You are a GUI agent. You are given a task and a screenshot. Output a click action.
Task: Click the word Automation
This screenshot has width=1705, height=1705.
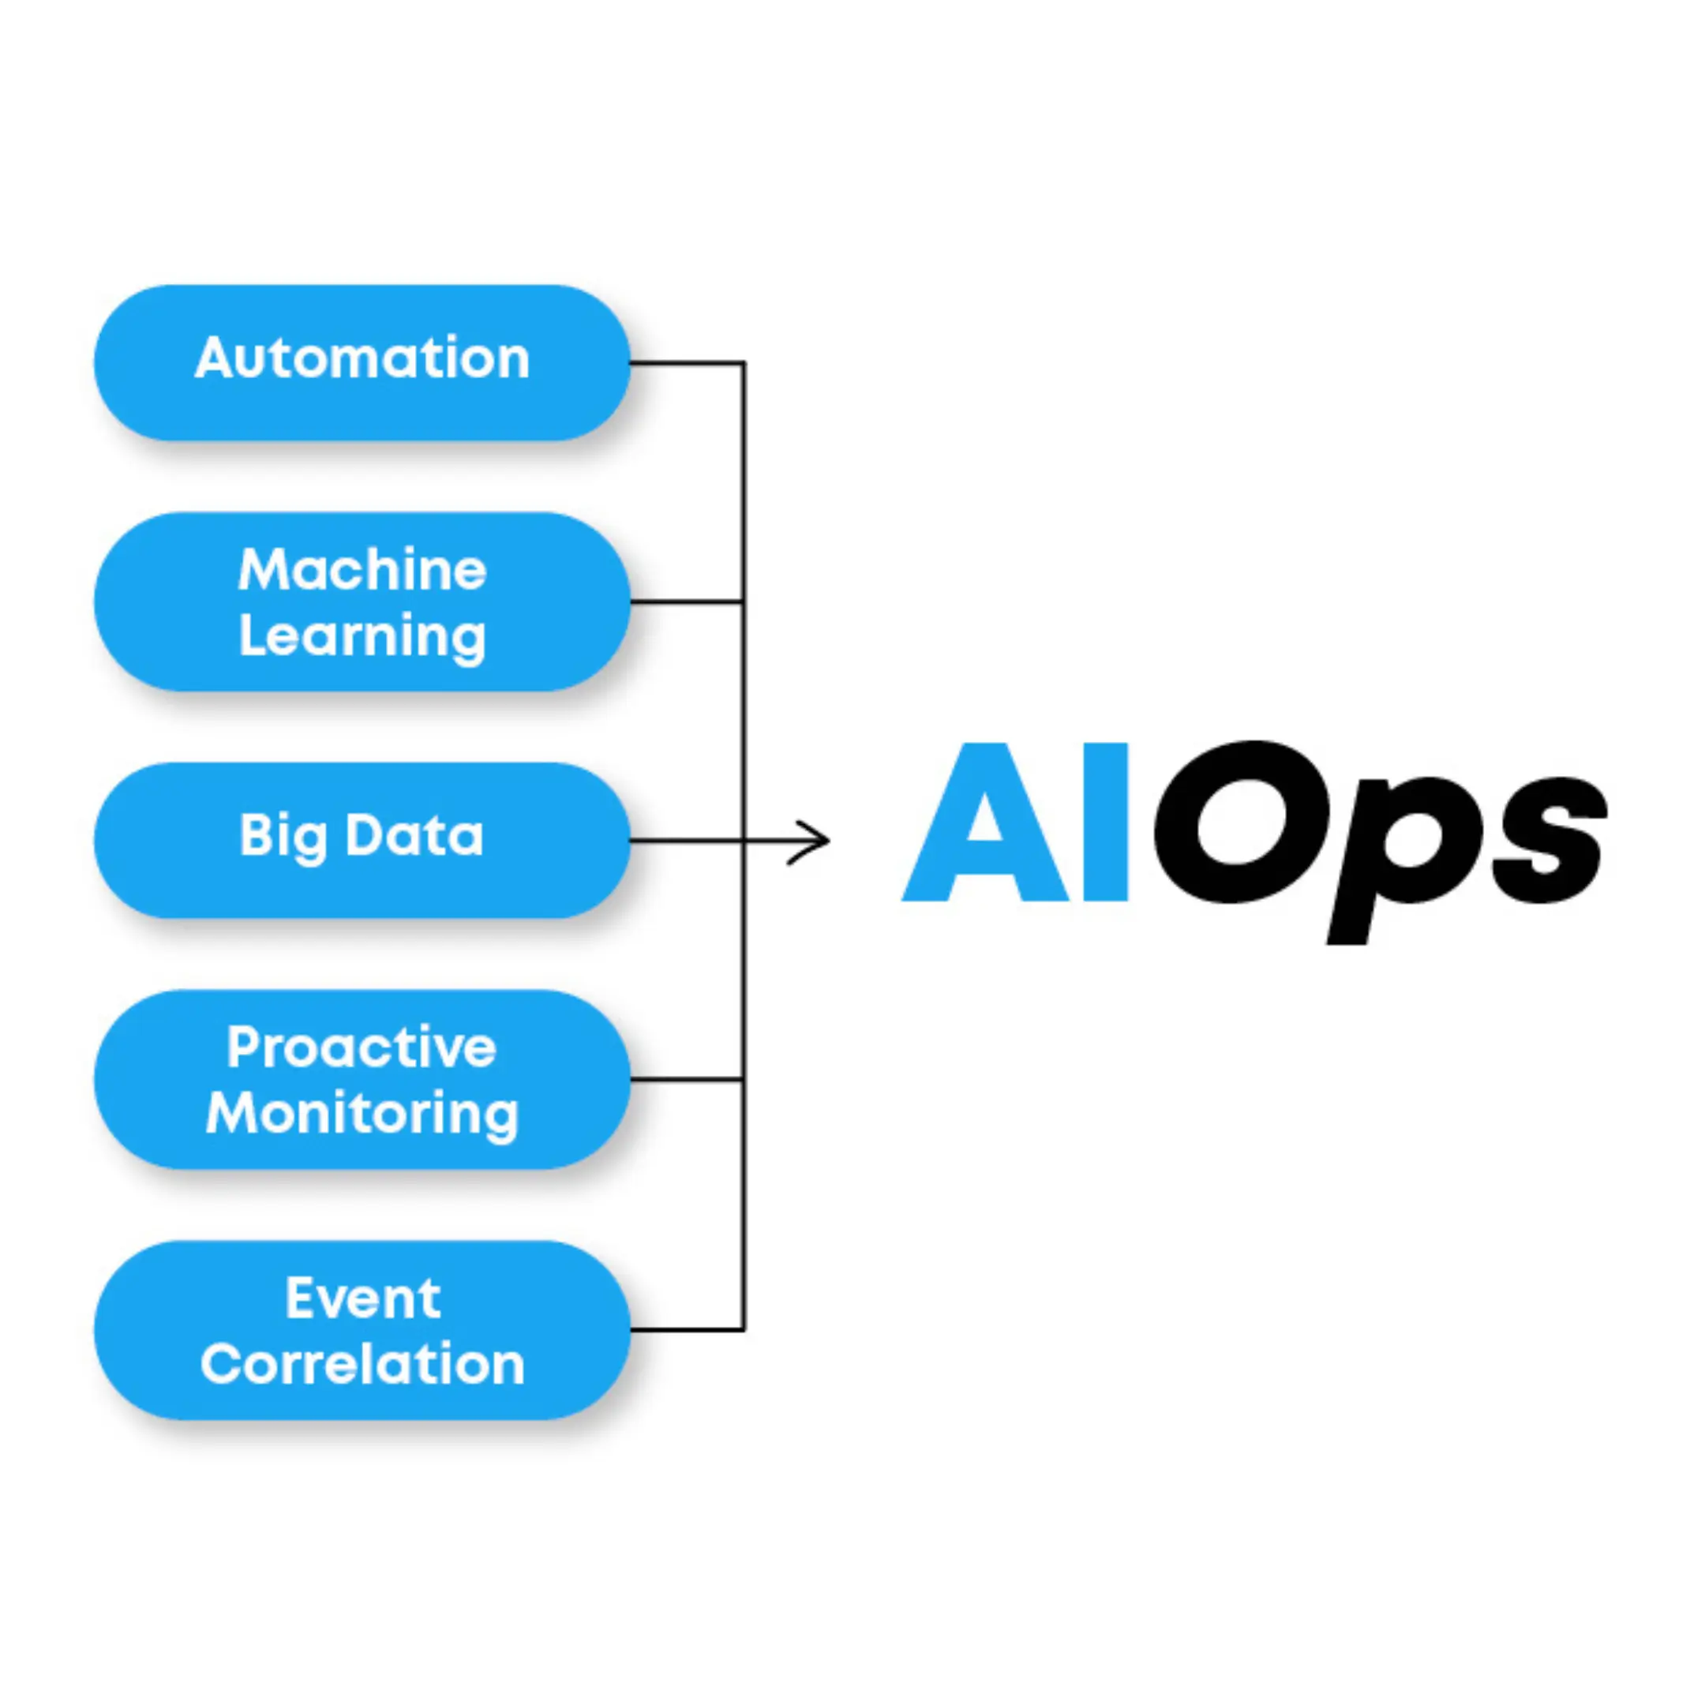(x=362, y=358)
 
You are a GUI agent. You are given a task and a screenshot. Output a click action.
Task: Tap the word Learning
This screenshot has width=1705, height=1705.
(x=362, y=637)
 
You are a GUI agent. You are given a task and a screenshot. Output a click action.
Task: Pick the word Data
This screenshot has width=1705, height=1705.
(x=414, y=835)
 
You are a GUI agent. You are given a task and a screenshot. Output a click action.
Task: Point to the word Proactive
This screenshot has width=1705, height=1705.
(x=362, y=1047)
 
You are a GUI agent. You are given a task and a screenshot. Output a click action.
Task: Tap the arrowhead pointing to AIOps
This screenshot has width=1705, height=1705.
(x=812, y=841)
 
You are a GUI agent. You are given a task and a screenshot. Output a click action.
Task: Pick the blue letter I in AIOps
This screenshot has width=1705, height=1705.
(x=1104, y=822)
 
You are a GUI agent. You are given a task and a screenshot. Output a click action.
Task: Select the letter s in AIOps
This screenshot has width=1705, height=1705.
(x=1549, y=838)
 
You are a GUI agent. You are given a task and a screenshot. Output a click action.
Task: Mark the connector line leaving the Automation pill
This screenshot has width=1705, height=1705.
(x=687, y=363)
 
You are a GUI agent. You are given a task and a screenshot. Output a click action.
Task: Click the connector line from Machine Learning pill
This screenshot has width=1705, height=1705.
(x=687, y=601)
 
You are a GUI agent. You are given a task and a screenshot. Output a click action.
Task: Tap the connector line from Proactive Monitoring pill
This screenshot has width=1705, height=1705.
(x=687, y=1079)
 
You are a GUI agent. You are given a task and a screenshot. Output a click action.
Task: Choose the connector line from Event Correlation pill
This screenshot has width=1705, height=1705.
(x=687, y=1329)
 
